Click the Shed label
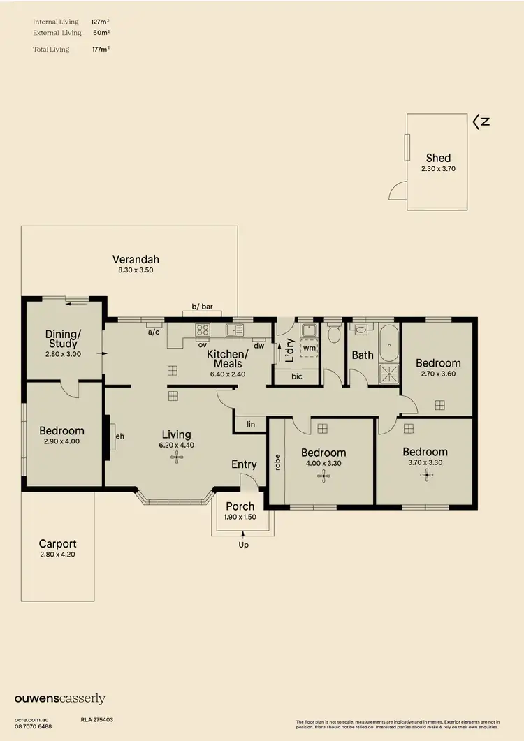pos(438,158)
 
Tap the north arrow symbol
pos(481,122)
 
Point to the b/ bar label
pos(201,306)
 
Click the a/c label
pos(154,332)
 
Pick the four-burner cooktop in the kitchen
pos(203,330)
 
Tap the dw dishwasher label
pos(259,345)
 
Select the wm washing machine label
pos(308,347)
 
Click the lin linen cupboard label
pos(250,424)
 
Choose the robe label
pos(277,463)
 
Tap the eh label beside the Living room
pos(119,438)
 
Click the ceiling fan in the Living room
pos(176,457)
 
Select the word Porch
pos(240,506)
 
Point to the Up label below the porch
pos(243,545)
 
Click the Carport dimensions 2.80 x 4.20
pos(57,555)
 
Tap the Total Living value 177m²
pos(101,49)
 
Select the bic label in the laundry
pos(297,376)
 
